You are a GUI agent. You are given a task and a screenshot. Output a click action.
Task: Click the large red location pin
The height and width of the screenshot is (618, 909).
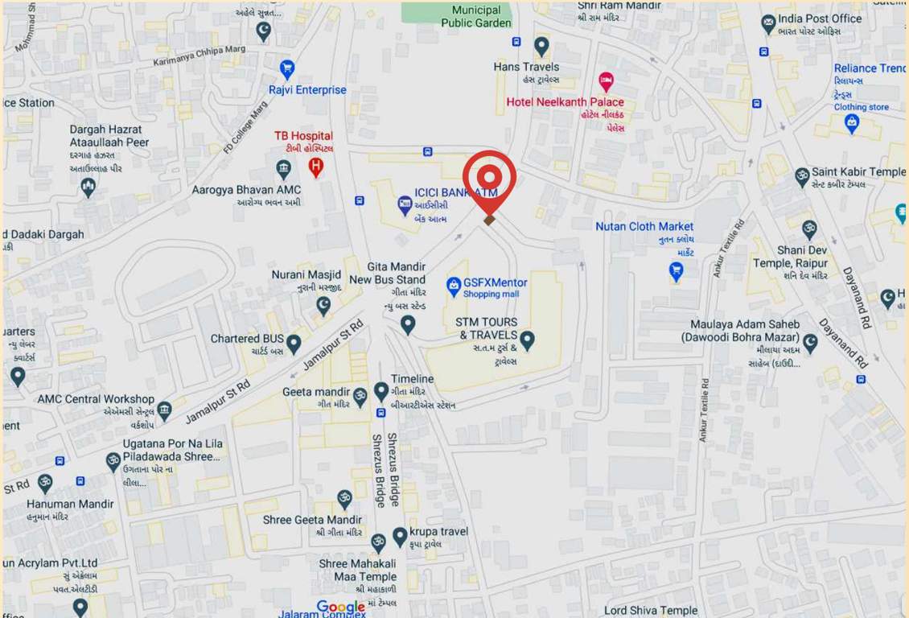coord(488,179)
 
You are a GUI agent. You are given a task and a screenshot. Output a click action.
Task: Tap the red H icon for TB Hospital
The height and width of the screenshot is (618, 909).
coord(316,167)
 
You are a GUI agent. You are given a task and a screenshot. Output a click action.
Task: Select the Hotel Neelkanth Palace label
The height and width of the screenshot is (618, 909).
coord(565,102)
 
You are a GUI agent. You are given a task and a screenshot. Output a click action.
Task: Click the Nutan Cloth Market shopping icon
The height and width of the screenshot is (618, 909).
coord(677,271)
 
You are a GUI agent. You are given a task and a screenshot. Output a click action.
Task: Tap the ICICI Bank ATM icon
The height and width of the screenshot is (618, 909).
coord(405,206)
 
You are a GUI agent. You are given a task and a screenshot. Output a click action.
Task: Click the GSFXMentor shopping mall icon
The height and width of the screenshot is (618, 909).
coord(454,284)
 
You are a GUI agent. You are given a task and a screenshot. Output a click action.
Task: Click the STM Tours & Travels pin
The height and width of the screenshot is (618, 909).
coord(527,340)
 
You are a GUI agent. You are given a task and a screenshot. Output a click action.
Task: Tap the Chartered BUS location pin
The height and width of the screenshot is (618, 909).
coord(294,344)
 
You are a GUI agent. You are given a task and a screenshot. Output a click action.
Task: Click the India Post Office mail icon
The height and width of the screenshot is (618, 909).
coord(768,23)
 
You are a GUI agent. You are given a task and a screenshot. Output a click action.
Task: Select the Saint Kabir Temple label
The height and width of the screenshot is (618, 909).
coord(858,172)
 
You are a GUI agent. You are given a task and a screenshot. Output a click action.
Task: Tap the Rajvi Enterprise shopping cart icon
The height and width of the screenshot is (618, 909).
coord(286,68)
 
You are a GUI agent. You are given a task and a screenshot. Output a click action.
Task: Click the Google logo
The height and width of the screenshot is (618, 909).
coord(341,607)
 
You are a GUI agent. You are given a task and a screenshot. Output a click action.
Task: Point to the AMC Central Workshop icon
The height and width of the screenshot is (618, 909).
coord(164,410)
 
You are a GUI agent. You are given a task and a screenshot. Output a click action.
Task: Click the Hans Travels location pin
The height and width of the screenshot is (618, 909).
coord(541,46)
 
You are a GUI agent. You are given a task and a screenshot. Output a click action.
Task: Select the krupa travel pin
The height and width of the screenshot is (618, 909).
coord(400,537)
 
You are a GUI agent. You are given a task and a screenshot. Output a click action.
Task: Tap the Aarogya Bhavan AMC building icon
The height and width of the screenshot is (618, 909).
coord(283,169)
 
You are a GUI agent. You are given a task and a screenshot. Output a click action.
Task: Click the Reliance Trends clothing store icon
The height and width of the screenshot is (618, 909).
coord(852,123)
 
